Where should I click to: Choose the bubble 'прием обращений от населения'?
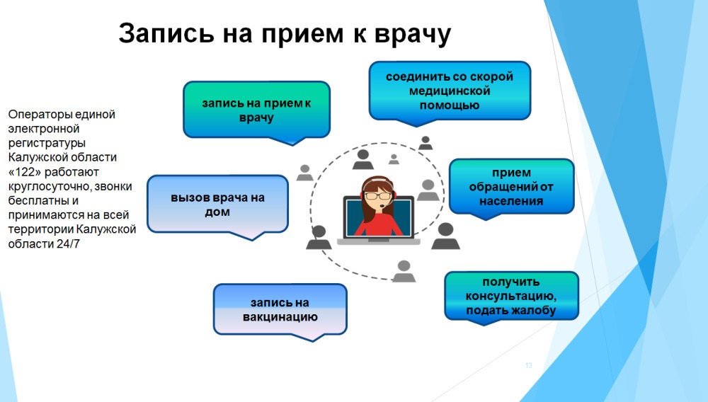511,188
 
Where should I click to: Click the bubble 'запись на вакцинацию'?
280,311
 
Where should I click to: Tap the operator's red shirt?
378,224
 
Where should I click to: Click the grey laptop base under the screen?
378,241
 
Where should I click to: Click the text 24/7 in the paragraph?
68,244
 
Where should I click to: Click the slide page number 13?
529,365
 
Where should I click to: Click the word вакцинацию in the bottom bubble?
280,317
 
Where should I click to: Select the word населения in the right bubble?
511,201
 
